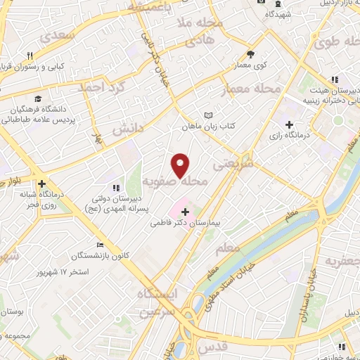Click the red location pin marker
181,165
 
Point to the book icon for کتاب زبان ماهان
207,115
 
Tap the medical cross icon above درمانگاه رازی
289,124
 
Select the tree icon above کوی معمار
251,54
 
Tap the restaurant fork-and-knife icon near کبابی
30,56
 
